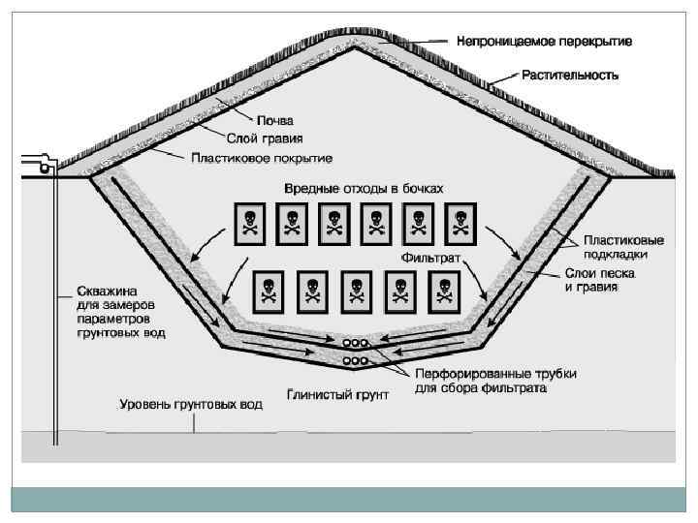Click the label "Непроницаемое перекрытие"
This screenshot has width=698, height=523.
tap(545, 43)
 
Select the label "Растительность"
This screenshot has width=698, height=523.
tap(570, 74)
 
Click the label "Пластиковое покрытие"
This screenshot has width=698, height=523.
tap(261, 157)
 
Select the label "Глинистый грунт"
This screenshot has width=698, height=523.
tap(338, 395)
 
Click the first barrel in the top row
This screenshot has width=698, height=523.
tap(250, 225)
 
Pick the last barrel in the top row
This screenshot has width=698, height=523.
tap(460, 225)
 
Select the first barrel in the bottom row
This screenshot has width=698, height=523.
tap(270, 292)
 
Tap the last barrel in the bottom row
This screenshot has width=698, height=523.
tap(445, 292)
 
